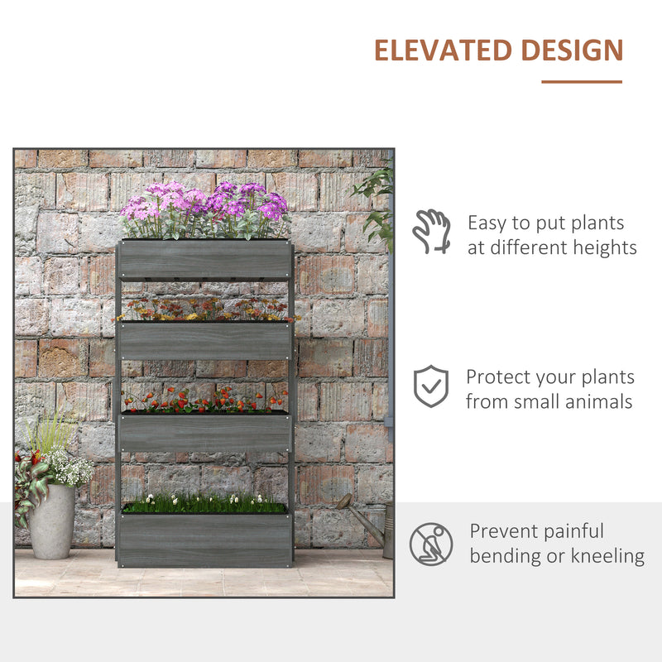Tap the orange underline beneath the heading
click(x=582, y=82)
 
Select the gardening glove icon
click(x=431, y=231)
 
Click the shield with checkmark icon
click(x=431, y=386)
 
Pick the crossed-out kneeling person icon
click(x=431, y=544)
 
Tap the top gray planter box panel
click(x=204, y=259)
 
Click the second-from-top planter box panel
click(x=204, y=340)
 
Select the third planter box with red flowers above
click(x=204, y=432)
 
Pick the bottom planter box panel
click(x=204, y=540)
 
